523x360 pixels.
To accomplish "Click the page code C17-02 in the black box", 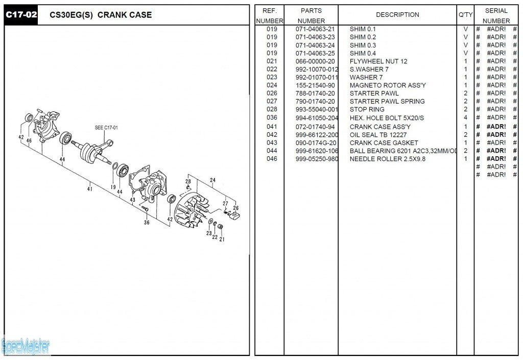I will tap(21, 15).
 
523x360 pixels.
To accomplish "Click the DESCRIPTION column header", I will tap(397, 15).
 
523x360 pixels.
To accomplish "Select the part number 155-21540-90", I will tap(315, 85).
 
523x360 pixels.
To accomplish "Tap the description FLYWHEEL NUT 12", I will tap(378, 61).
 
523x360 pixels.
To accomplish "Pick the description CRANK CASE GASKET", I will tap(384, 143).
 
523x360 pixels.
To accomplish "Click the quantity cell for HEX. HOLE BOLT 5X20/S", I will tap(465, 118).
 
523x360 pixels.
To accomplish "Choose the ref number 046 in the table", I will tap(272, 159).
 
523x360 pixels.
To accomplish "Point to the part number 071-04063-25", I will tap(315, 53).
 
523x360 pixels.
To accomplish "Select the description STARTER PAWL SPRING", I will tap(387, 101).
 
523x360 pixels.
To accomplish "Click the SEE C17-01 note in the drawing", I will tap(106, 128).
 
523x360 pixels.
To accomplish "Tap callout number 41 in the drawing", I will tap(90, 189).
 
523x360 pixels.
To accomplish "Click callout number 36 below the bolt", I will tap(147, 222).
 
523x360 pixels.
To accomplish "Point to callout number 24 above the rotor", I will tap(212, 180).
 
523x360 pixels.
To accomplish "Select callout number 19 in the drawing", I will tap(113, 187).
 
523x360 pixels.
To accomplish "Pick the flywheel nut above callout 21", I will tap(221, 226).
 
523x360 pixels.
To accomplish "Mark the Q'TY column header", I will tap(465, 15).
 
